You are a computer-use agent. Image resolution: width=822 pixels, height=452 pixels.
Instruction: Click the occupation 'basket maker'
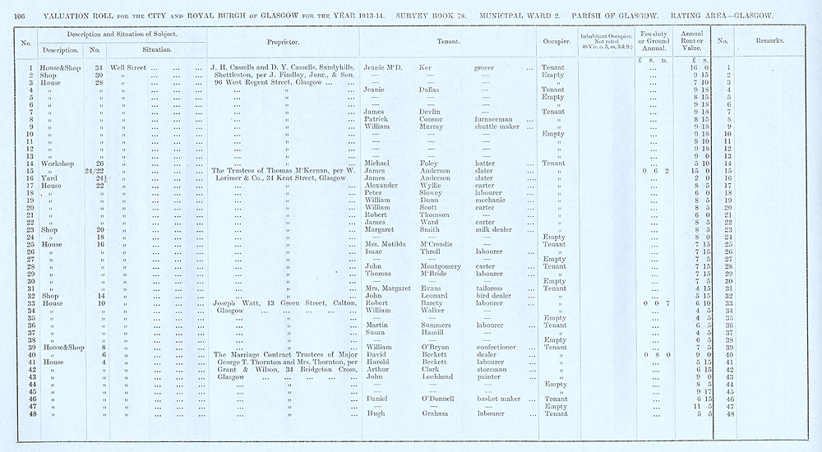(499, 398)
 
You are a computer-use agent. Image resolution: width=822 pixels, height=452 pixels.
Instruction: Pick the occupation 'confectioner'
(499, 347)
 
